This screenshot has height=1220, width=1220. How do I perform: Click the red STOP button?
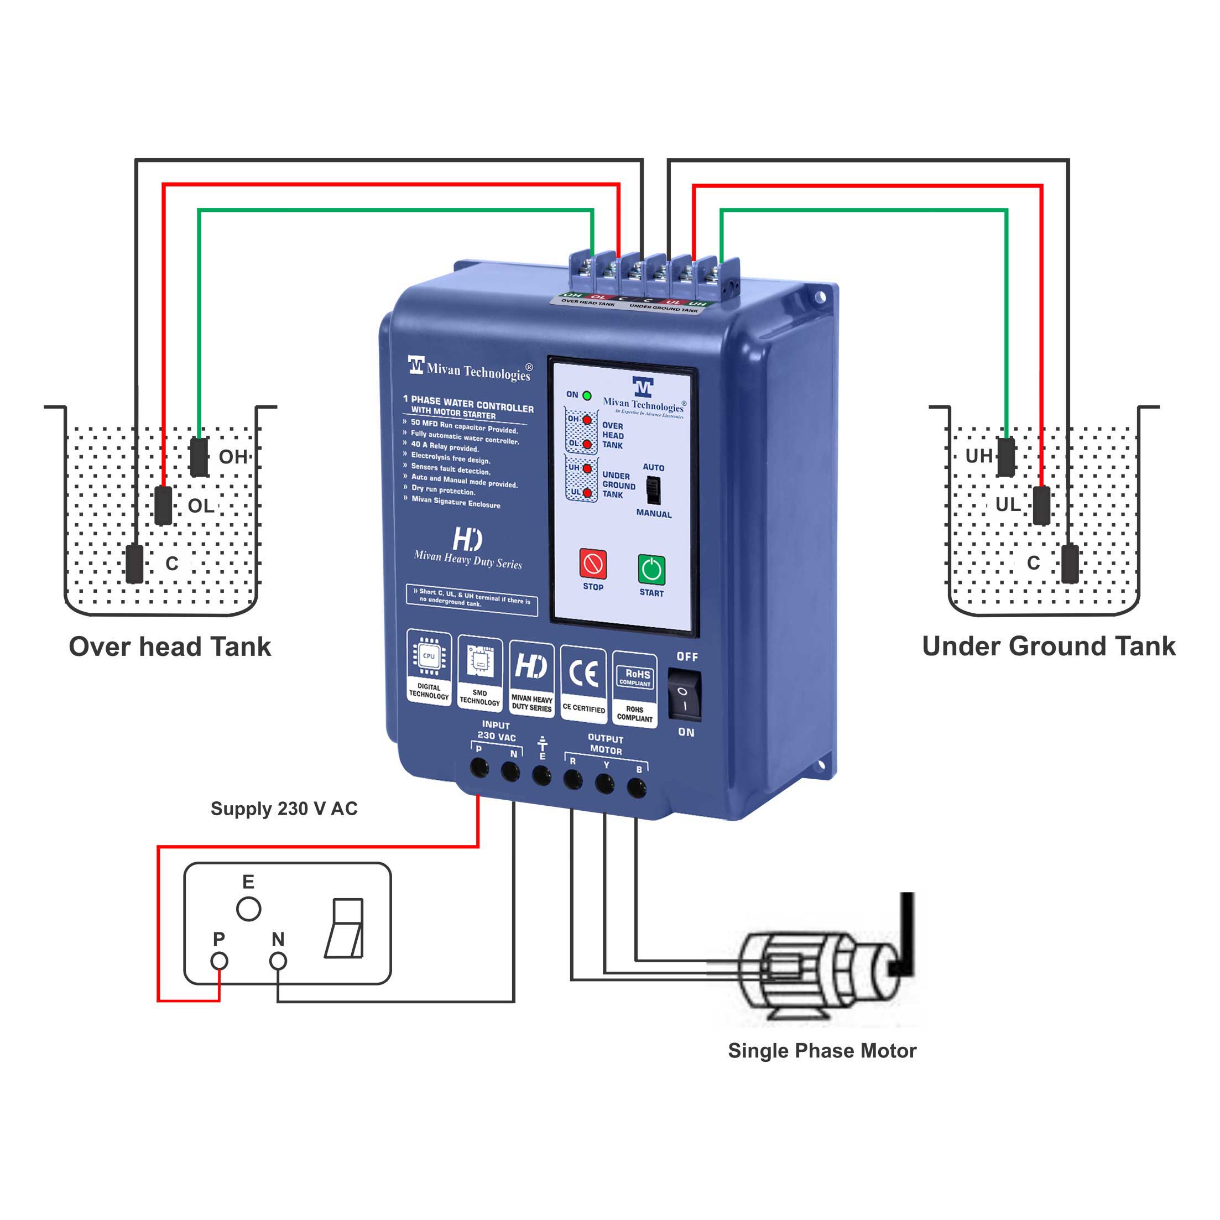[593, 564]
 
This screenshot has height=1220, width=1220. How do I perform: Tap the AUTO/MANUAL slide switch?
[653, 489]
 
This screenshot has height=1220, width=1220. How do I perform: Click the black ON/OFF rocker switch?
[685, 695]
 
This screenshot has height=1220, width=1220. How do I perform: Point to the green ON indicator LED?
[587, 396]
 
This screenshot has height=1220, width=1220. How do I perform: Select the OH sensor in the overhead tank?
[199, 457]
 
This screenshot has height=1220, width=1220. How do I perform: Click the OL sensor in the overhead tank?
[163, 505]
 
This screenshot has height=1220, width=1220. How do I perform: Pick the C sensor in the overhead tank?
[134, 564]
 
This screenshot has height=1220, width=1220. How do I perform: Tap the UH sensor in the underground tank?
[1006, 457]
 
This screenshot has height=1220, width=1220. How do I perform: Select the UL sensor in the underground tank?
[1041, 505]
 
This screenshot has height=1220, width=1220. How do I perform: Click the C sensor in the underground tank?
[1070, 564]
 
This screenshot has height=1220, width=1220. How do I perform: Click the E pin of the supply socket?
[248, 909]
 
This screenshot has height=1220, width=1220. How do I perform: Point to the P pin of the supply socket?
[219, 961]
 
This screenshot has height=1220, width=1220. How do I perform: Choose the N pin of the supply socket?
[278, 961]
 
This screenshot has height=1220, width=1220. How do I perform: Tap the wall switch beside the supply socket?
[345, 928]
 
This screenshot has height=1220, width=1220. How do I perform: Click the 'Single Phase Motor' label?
[822, 1051]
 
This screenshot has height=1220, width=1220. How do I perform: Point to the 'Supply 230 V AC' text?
[284, 809]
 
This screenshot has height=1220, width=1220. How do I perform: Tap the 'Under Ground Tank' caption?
[1048, 646]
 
